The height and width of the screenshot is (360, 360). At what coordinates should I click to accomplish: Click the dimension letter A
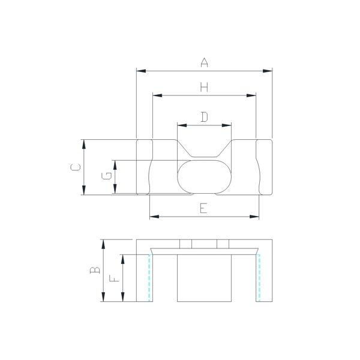coord(204,62)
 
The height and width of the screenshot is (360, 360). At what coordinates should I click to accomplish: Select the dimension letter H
coord(204,87)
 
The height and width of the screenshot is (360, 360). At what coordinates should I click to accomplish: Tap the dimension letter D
coord(204,117)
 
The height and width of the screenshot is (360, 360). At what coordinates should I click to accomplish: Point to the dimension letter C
coord(76,167)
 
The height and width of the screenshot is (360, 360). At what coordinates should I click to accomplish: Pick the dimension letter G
coord(107,176)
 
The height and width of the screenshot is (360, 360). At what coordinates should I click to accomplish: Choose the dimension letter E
coord(203,208)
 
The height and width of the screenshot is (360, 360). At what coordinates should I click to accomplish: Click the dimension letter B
coord(95,270)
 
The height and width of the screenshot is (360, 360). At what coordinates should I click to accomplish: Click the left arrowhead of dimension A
coord(141,71)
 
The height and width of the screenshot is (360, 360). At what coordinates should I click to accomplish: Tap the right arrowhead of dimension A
coord(268,71)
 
